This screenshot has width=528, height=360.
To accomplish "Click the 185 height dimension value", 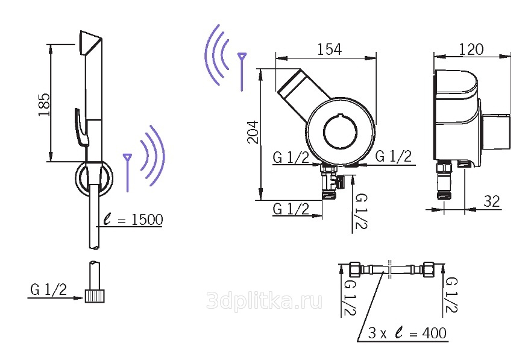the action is (45, 105).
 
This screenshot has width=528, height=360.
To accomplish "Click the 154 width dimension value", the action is (329, 49).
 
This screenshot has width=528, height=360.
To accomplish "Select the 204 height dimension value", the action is (253, 132).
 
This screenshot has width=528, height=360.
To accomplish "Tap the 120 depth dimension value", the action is (471, 49).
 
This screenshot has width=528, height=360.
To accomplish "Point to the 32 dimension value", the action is (491, 201).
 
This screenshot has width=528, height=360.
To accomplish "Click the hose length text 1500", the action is (147, 220).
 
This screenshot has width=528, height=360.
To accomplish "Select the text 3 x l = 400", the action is (407, 333).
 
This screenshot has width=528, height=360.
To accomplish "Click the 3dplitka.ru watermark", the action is (265, 300).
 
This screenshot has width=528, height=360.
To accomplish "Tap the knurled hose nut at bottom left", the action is (94, 296).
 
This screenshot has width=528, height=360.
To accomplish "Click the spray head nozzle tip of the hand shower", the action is (90, 42).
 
